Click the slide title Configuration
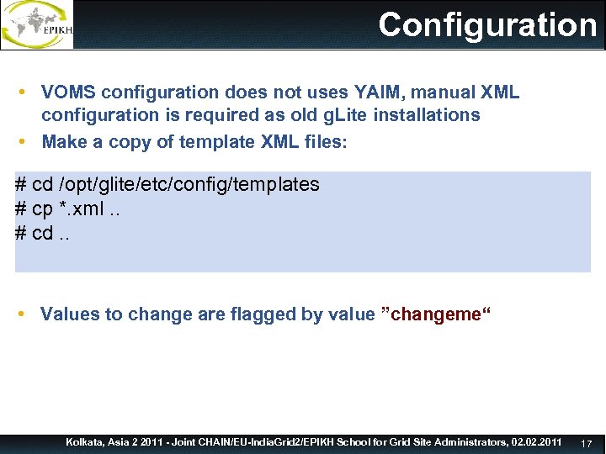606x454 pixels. (487, 24)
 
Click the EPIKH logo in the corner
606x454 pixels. (38, 24)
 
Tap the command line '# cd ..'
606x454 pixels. (43, 233)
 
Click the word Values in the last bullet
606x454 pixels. (69, 314)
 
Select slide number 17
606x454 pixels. (587, 443)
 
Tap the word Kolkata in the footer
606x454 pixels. (85, 441)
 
